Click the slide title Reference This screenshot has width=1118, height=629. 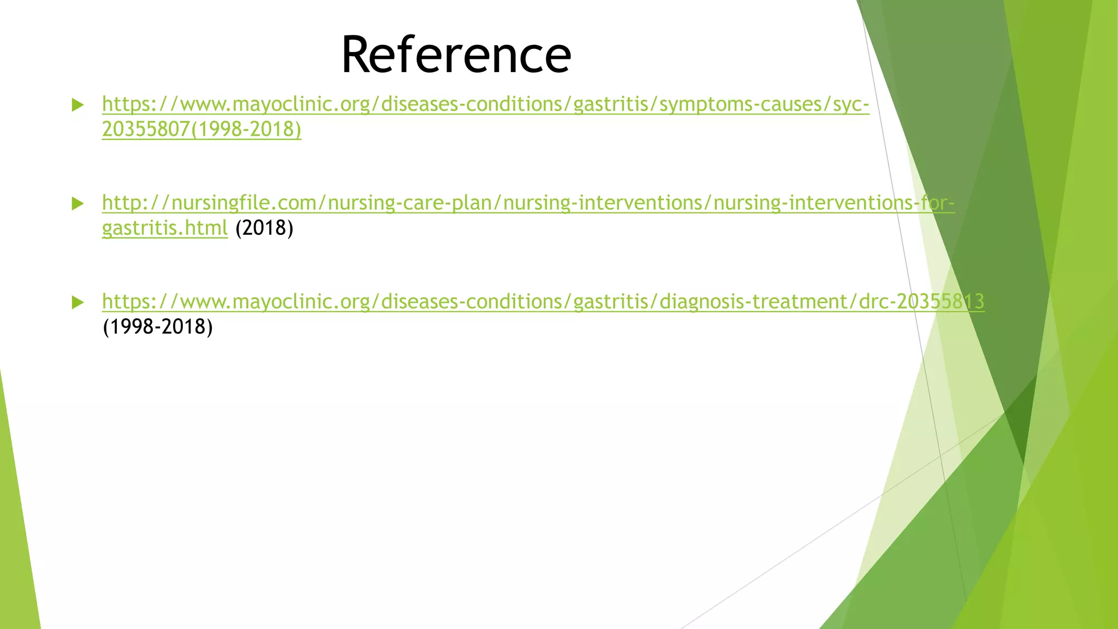click(x=456, y=55)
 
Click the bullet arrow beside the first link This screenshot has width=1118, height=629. click(x=78, y=105)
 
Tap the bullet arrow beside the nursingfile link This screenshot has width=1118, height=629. click(x=78, y=204)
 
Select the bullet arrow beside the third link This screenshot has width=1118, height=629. click(x=78, y=302)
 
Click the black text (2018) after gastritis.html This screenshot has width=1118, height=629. click(x=264, y=228)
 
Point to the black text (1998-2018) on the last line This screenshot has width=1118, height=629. click(x=158, y=327)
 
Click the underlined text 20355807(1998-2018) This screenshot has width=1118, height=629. click(x=201, y=129)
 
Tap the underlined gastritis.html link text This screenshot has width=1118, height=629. click(x=165, y=228)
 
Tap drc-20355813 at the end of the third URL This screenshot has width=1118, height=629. click(x=921, y=301)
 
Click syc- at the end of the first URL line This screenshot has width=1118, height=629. click(x=851, y=104)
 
